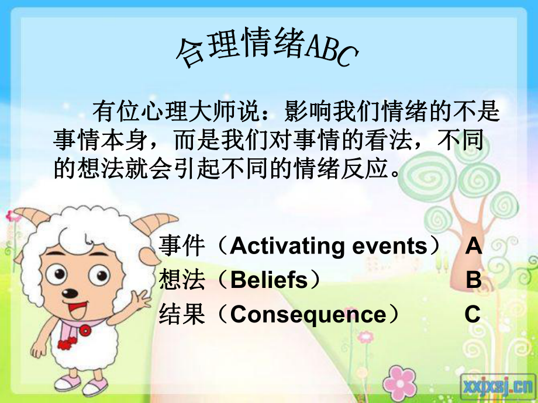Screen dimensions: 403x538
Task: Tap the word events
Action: click(390, 246)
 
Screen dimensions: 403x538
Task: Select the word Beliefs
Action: click(269, 280)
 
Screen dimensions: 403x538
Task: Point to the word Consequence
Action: click(308, 315)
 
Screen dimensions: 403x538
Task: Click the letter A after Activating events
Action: click(474, 246)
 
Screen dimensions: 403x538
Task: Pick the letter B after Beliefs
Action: click(474, 280)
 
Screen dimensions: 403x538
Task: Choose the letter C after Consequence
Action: click(473, 315)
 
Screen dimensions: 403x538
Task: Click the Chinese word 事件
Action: click(182, 246)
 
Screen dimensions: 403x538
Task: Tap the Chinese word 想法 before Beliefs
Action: click(182, 280)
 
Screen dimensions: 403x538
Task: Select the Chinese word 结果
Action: click(182, 315)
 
